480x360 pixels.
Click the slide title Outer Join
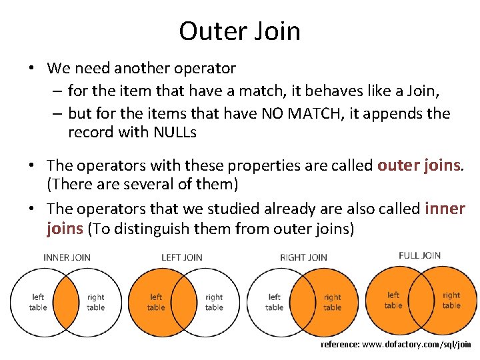239,31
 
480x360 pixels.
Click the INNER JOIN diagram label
67,257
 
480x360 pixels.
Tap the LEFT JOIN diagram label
181,257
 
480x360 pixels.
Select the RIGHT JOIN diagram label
303,257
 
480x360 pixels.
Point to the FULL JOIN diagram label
419,255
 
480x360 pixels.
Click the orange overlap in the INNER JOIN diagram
67,302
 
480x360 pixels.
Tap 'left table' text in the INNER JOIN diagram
38,303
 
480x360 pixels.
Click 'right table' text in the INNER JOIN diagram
95,303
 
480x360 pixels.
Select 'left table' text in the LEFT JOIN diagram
156,303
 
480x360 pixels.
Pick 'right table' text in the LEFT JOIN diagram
214,303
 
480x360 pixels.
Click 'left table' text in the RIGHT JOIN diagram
274,303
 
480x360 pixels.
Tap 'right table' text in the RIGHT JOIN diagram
332,303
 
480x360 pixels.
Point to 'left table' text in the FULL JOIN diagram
393,300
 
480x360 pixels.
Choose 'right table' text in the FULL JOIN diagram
451,300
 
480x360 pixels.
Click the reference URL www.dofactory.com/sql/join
396,345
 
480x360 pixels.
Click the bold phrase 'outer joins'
419,165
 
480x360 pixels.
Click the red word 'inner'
445,209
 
